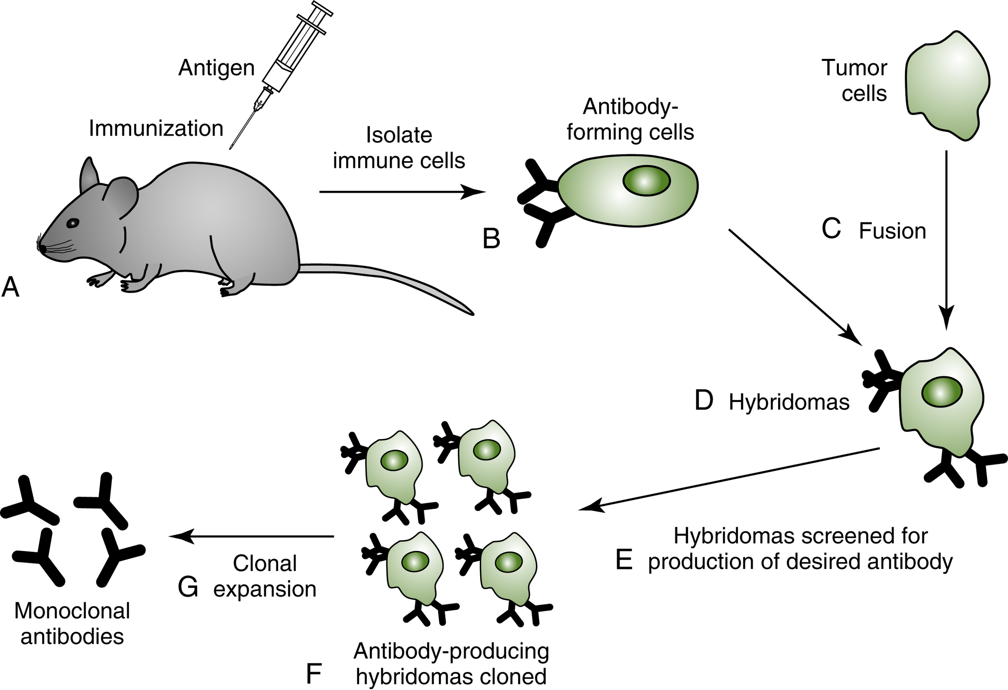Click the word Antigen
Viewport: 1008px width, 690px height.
pos(216,68)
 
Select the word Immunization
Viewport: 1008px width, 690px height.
pos(156,129)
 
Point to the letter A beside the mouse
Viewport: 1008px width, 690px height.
pos(10,288)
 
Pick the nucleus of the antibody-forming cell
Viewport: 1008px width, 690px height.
pos(646,181)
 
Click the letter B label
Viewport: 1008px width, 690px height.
pos(491,239)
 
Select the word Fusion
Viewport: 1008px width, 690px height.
pos(893,231)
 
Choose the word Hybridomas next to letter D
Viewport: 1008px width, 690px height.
pos(789,402)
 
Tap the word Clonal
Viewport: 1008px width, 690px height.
pos(265,564)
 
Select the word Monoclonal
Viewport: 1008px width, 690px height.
pos(72,611)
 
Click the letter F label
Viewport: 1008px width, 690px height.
pos(313,675)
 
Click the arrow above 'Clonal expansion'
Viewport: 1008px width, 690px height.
pos(251,537)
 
